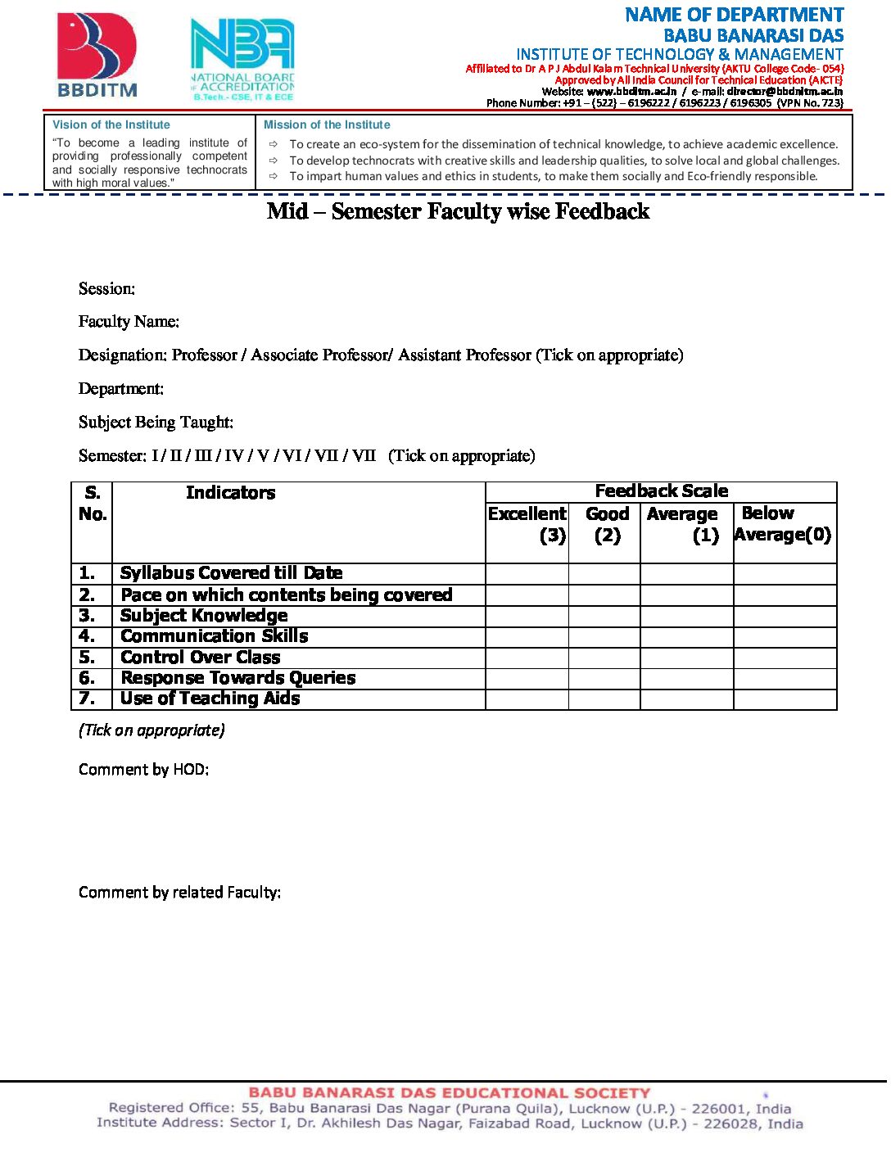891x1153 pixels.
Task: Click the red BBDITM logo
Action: (97, 54)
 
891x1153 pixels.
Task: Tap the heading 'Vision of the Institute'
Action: (111, 125)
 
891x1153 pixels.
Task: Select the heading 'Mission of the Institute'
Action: (327, 125)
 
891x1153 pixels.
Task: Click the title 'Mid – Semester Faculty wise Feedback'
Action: (458, 211)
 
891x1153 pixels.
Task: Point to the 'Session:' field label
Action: (107, 289)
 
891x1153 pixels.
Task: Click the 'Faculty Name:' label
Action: (129, 322)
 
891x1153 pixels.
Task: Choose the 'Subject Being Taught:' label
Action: (156, 423)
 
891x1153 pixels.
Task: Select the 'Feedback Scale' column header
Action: (661, 491)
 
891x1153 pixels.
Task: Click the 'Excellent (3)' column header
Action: (527, 524)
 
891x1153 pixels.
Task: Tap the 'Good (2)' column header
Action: (607, 524)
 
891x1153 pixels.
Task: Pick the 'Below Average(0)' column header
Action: (784, 524)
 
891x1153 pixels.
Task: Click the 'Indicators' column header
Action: (230, 493)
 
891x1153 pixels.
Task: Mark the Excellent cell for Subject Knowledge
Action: (527, 616)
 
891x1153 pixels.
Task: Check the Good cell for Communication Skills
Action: (604, 637)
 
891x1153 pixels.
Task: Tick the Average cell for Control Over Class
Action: (686, 658)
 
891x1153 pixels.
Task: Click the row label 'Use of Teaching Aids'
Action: (210, 699)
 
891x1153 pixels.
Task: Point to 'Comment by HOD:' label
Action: (144, 770)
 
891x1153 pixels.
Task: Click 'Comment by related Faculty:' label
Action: (180, 893)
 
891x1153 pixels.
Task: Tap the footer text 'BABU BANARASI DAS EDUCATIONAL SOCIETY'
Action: (449, 1092)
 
